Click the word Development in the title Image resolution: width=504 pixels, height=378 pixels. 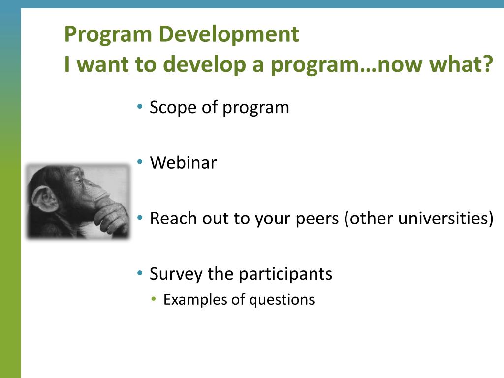click(229, 34)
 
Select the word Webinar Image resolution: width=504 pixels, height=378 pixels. click(183, 162)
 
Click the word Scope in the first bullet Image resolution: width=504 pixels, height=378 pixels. click(173, 108)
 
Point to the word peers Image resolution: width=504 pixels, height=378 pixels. click(317, 219)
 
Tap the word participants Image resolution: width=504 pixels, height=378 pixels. click(285, 274)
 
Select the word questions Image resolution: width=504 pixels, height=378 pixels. click(282, 300)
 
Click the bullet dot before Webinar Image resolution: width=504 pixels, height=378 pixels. click(139, 162)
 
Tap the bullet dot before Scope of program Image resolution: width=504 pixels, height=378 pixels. click(139, 106)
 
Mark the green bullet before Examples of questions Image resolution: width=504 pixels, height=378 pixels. click(154, 299)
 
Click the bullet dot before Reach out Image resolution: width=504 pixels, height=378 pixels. click(139, 218)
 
